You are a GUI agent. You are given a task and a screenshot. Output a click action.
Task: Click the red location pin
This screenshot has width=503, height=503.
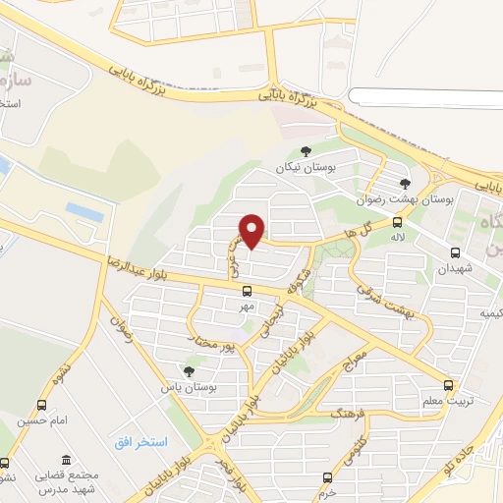(252, 230)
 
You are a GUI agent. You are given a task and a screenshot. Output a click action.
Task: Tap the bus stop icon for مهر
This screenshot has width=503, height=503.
(247, 290)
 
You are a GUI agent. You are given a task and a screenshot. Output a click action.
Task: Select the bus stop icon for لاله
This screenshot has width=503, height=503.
(397, 222)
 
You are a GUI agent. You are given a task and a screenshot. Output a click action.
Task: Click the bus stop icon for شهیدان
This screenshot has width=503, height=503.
(454, 251)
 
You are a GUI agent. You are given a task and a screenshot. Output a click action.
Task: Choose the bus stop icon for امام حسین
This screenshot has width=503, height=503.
(41, 405)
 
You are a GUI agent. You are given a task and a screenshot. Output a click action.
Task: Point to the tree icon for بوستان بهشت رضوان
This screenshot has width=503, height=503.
(405, 183)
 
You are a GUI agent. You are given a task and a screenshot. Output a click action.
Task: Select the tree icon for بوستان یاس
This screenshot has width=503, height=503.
(189, 370)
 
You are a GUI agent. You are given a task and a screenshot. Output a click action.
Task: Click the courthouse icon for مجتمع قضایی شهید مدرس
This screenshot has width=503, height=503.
(65, 461)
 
